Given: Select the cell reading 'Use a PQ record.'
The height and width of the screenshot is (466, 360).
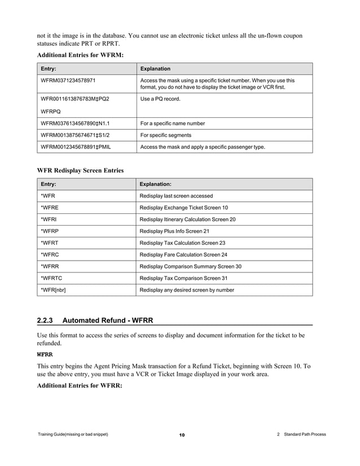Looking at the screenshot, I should coord(160,99).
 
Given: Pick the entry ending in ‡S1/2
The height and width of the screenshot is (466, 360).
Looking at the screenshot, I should coord(76,135).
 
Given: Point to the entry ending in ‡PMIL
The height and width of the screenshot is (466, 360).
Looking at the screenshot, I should coord(76,147).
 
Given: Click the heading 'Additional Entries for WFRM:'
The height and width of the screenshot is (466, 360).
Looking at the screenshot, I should coord(80,55).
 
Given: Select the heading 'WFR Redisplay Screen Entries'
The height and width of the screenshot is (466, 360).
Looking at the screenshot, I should coord(80,170).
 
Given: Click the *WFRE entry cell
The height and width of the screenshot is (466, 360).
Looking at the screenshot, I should coord(49,208).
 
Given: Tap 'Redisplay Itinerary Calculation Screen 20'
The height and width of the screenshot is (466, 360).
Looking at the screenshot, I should coord(187,219).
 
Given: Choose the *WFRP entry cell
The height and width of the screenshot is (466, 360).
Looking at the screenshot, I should coord(49,231).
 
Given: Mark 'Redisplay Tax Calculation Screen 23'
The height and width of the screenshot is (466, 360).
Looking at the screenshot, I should coord(182,243).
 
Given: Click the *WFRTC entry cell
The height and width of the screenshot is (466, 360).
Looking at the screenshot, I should coord(51,278).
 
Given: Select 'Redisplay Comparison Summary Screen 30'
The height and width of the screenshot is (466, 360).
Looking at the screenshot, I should coord(190,266).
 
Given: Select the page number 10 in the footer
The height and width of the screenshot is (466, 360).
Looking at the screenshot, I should coord(182,435).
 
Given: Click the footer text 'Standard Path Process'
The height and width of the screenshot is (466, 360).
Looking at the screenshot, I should coord(305,434).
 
